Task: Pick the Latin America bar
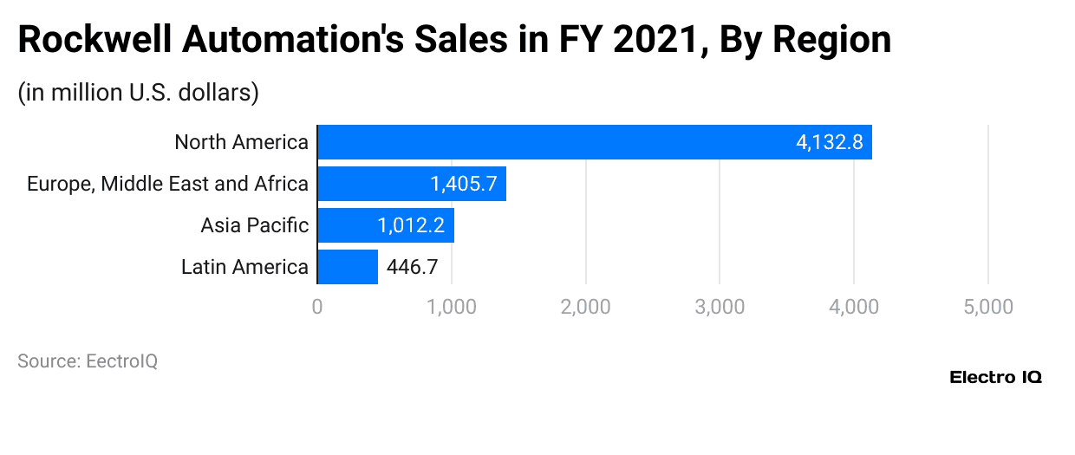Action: pos(348,267)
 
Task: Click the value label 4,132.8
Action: pos(829,142)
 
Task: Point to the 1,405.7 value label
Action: pos(464,184)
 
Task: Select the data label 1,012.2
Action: pos(411,225)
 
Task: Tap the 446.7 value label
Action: pos(413,267)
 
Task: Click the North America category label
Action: pos(241,142)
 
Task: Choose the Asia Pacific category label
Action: pos(254,225)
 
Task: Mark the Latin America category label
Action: pos(244,267)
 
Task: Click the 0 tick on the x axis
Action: pos(317,307)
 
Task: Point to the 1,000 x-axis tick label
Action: pos(452,307)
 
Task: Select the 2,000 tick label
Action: pos(586,307)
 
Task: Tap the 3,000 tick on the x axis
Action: pos(720,307)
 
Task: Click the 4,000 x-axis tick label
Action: pos(854,307)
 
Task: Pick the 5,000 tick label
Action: pos(988,307)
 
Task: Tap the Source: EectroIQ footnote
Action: pos(88,361)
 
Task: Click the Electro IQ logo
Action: pos(995,377)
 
